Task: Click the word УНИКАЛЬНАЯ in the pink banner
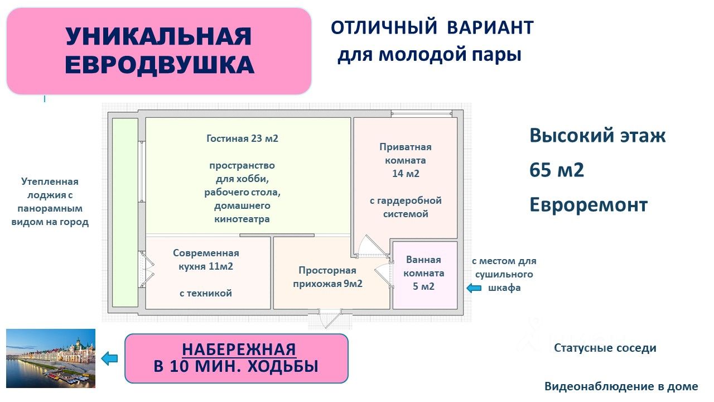click(x=158, y=37)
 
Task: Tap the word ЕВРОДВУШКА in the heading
click(x=160, y=65)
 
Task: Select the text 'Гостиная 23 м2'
click(x=242, y=138)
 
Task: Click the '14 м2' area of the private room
click(x=406, y=174)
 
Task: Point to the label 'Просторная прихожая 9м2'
click(x=327, y=277)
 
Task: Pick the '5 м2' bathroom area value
click(x=423, y=286)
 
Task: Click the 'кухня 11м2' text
click(x=205, y=266)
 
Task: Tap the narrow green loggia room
click(x=125, y=212)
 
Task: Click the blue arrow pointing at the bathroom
click(x=474, y=288)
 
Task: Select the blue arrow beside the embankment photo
click(x=110, y=359)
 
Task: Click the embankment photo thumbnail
click(x=51, y=358)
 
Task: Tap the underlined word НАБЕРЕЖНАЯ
click(x=239, y=350)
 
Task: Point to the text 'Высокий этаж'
click(x=597, y=136)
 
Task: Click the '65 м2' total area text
click(x=557, y=170)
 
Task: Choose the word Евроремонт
click(x=588, y=205)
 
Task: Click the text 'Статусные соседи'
click(x=605, y=348)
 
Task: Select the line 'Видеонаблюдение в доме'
click(x=621, y=386)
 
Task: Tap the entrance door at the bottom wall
click(x=330, y=318)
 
